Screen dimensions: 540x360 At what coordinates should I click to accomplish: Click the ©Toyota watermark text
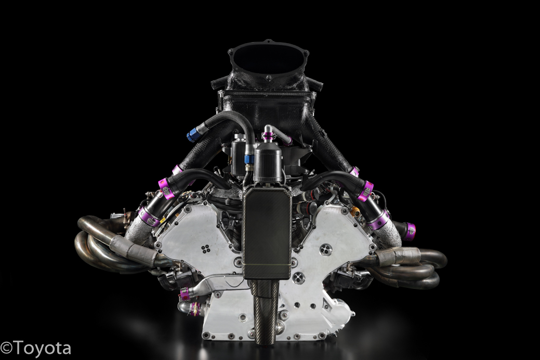(x=35, y=348)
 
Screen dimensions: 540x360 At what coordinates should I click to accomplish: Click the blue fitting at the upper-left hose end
(x=192, y=135)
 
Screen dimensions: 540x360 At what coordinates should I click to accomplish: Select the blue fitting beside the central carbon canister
(x=248, y=159)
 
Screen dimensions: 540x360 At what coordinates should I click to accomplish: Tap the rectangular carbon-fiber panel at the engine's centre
(x=267, y=234)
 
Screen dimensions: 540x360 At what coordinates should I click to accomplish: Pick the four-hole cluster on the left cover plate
(x=206, y=248)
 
